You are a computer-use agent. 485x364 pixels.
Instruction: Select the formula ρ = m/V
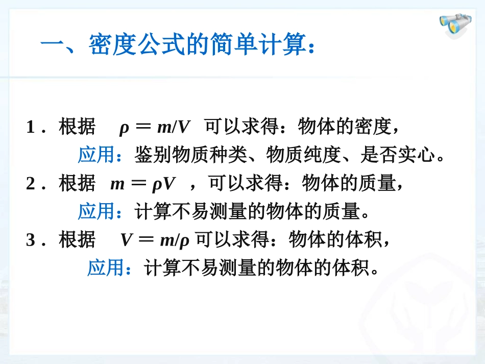pos(154,127)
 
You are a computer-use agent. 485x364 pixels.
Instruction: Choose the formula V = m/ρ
pos(155,239)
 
